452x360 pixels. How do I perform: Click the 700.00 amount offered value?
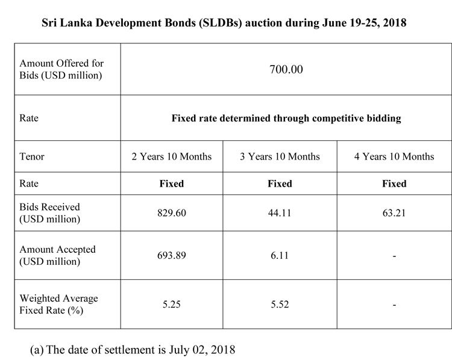pos(286,69)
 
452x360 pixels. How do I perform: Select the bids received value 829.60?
pos(172,213)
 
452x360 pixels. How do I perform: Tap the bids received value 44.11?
pos(280,213)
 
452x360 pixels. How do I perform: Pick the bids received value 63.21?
pos(394,213)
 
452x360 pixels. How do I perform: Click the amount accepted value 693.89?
pos(172,255)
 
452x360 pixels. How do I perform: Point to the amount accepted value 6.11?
pos(280,255)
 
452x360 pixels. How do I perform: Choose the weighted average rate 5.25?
pos(172,304)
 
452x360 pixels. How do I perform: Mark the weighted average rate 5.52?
pos(280,304)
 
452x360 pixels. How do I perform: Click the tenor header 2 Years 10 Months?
pos(172,157)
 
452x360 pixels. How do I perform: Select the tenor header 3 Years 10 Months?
pos(280,157)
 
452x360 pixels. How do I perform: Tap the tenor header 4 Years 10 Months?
pos(394,157)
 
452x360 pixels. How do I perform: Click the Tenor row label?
pos(32,157)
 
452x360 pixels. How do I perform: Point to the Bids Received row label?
pos(49,213)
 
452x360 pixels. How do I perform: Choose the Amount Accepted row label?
pos(57,255)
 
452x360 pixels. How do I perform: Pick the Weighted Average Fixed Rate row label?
pos(58,304)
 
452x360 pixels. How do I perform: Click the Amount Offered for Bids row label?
pos(61,69)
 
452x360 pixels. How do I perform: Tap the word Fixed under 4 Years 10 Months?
pos(394,184)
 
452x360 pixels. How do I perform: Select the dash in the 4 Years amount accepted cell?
pos(394,256)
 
